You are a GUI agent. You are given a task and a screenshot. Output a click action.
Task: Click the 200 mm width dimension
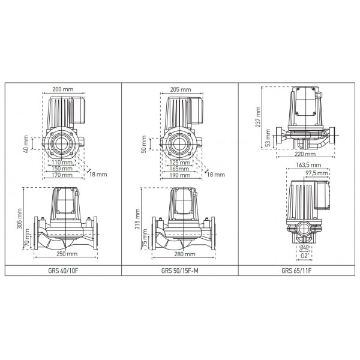point(62,89)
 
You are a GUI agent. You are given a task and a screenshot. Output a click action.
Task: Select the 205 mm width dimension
point(180,89)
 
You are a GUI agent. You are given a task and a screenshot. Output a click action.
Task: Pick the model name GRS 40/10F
point(63,270)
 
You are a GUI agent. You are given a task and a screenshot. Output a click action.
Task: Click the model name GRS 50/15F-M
point(179,270)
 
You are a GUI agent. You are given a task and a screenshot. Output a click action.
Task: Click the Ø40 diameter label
point(305,248)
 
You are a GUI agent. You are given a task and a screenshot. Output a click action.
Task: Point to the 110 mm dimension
point(62,163)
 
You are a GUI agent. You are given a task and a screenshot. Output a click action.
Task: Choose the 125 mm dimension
point(179,163)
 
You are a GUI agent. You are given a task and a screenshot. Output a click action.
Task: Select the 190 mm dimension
point(179,176)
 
